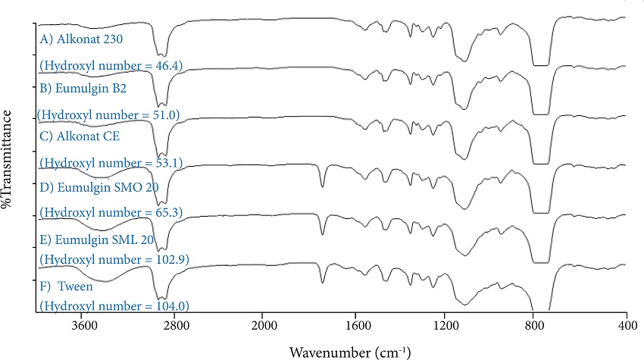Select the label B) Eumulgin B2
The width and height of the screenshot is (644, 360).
click(x=83, y=87)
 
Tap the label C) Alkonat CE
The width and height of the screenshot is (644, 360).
click(x=80, y=136)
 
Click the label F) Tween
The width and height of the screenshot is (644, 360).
click(x=69, y=285)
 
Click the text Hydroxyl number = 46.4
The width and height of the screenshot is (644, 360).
click(x=111, y=65)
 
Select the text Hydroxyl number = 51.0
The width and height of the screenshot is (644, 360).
click(x=111, y=114)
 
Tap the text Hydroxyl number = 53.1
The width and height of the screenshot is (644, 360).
click(x=111, y=162)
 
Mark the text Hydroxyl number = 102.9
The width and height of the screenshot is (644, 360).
click(x=114, y=259)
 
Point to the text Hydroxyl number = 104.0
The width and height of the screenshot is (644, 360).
click(x=114, y=306)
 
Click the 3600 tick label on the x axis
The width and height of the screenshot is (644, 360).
click(x=84, y=327)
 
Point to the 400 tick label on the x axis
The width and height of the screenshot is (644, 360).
click(x=626, y=327)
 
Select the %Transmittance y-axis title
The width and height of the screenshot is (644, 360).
click(x=9, y=158)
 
